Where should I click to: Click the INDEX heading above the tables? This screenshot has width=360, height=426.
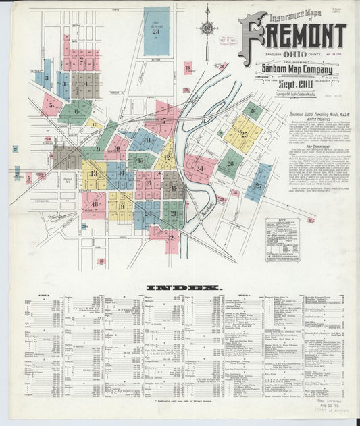184,288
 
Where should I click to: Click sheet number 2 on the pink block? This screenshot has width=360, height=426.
82,60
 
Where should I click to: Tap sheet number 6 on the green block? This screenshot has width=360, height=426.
76,112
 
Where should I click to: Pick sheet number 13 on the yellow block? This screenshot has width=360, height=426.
93,174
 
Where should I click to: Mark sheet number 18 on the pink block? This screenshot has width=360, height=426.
95,203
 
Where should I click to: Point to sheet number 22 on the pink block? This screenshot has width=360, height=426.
170,238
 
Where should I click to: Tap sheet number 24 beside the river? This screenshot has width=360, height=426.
200,168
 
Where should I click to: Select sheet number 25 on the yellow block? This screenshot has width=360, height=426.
244,134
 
